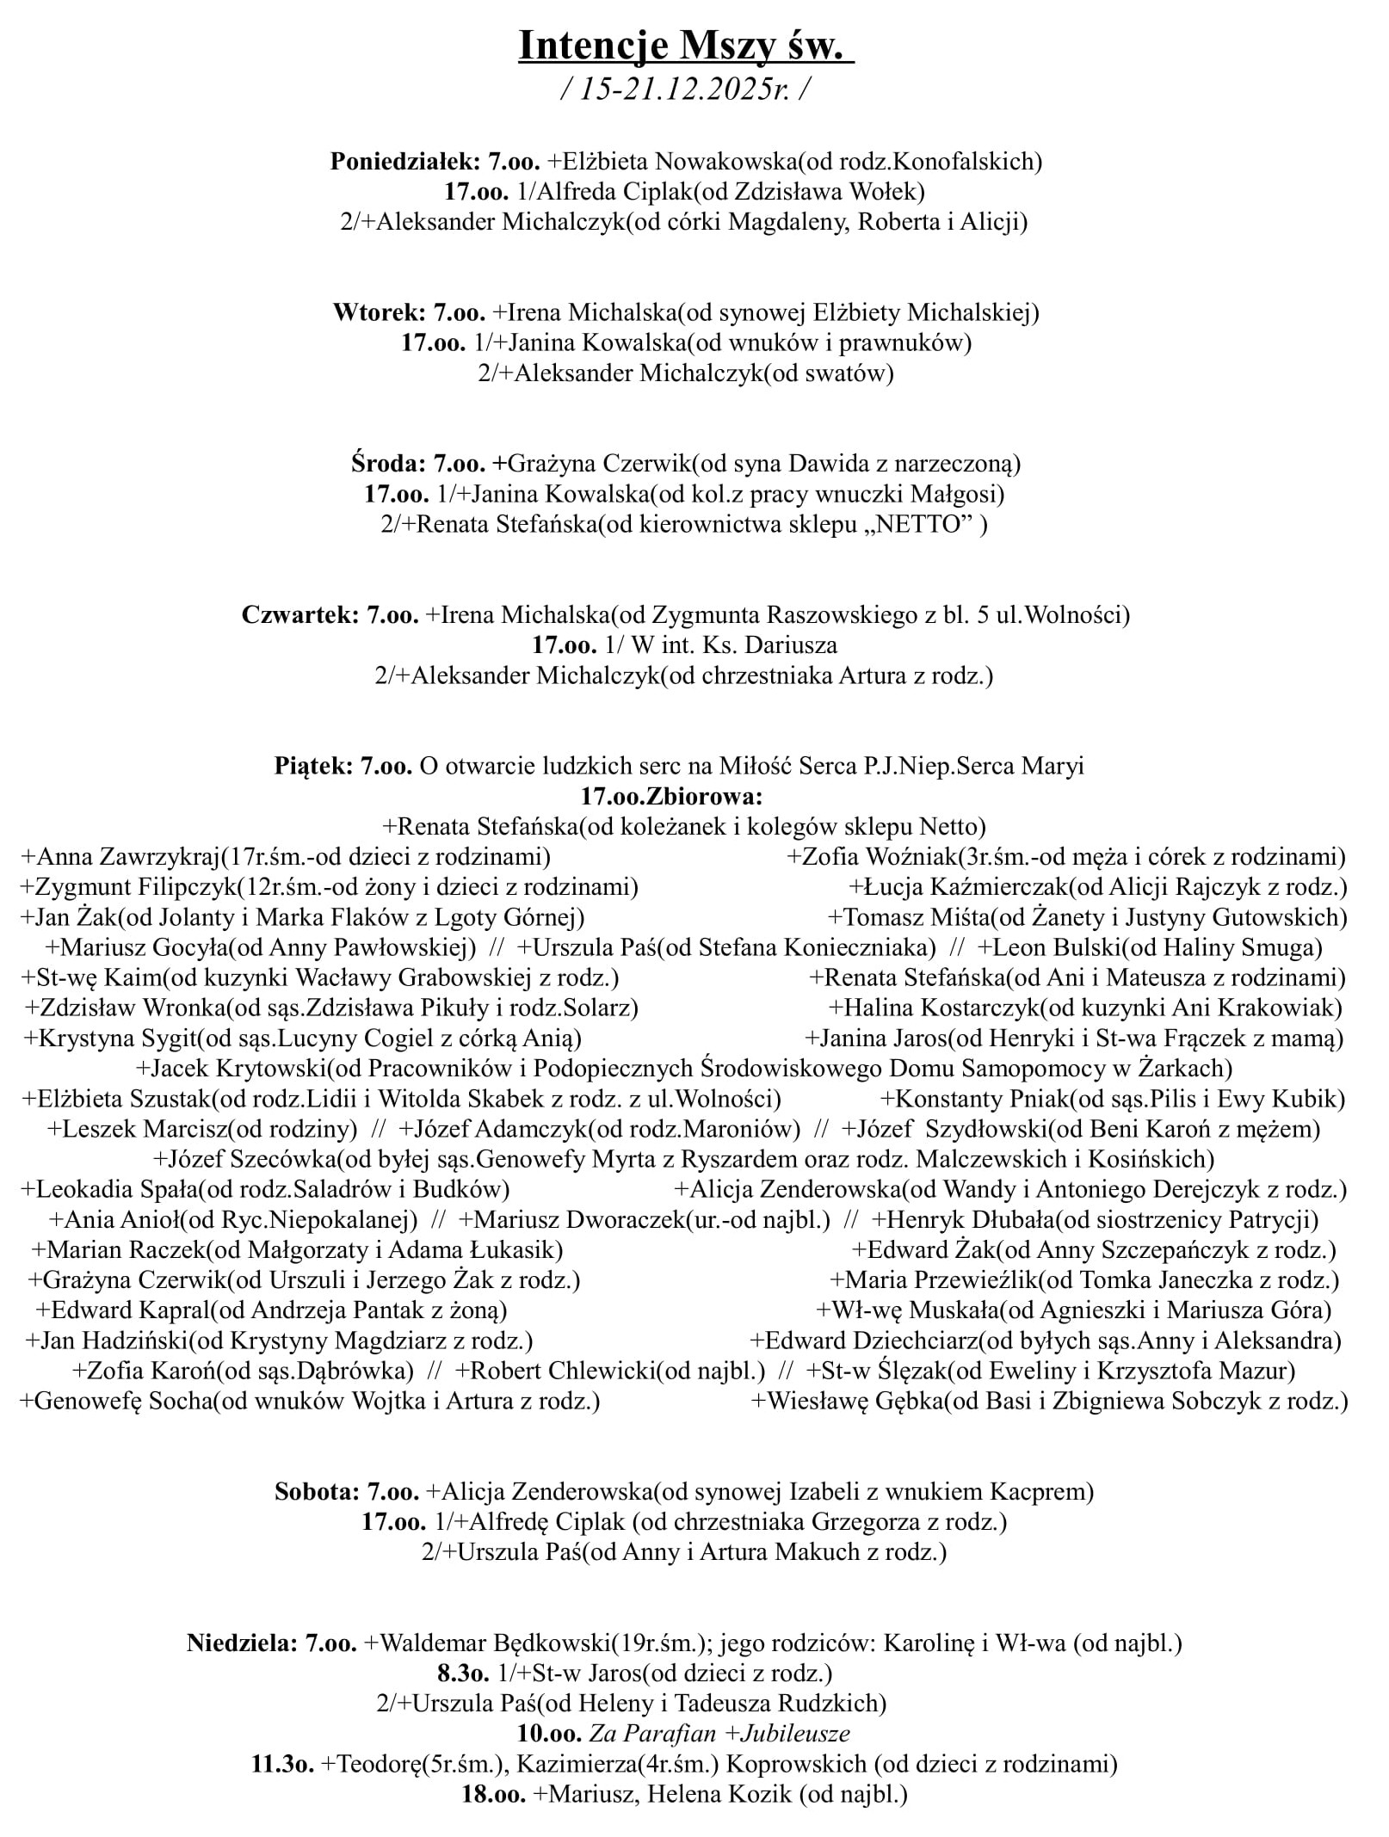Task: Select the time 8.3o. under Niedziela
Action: point(463,1674)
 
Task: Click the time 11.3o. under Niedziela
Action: point(282,1764)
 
